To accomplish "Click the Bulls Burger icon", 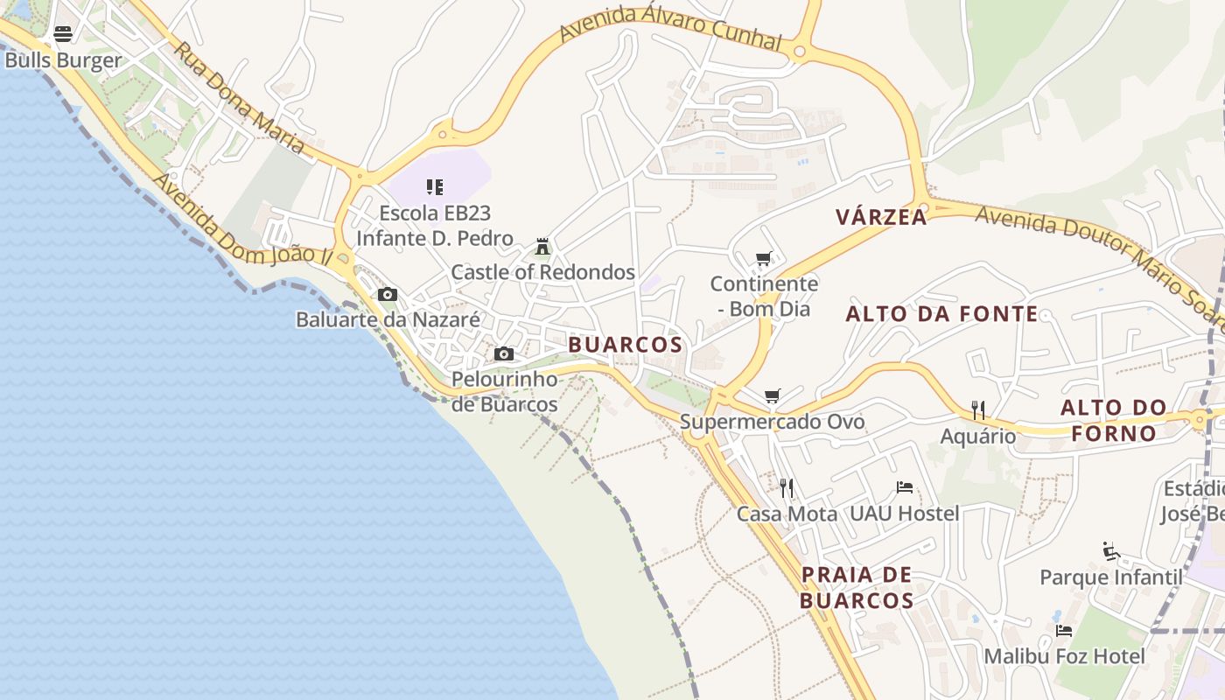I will click(x=63, y=34).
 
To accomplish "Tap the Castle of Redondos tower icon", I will click(x=542, y=247).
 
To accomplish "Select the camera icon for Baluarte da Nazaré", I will click(x=388, y=295).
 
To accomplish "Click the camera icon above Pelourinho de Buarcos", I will click(x=504, y=354).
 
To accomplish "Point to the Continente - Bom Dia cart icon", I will click(x=764, y=258).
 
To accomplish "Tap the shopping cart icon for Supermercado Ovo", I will click(x=772, y=396).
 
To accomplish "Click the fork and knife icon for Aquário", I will click(x=978, y=409).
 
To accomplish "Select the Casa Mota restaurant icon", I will click(x=787, y=487).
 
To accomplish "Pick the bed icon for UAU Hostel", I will click(x=905, y=487).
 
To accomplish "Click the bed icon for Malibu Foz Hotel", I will click(x=1064, y=630).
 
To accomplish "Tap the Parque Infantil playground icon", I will click(x=1111, y=551).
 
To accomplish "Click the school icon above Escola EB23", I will click(x=435, y=186).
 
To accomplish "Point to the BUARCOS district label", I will click(x=625, y=345).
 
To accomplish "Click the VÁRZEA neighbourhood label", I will click(x=881, y=217).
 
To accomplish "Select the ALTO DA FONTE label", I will click(x=941, y=314).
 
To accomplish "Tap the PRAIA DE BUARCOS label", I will click(x=857, y=588).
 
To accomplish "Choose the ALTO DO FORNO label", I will click(x=1113, y=420).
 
